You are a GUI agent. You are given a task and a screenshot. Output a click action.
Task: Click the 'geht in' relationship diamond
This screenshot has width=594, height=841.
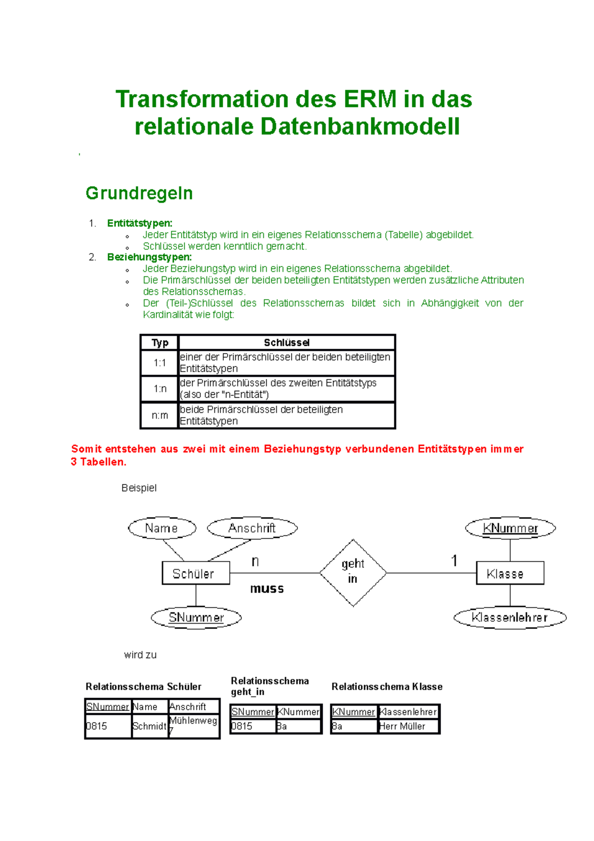coord(352,572)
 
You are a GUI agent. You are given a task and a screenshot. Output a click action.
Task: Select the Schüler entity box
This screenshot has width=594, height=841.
coord(196,573)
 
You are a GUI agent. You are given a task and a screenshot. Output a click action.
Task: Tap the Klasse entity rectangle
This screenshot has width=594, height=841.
coord(509,573)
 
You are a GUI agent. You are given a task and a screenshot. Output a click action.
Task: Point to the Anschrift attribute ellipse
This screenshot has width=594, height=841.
coord(252,528)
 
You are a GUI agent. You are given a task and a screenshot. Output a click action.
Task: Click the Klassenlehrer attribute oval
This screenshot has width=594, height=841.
coord(509,617)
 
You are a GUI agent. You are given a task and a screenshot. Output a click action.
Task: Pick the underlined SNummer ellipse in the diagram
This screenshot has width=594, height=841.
coord(196,617)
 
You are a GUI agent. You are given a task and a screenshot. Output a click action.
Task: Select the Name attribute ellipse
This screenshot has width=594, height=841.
coord(162,528)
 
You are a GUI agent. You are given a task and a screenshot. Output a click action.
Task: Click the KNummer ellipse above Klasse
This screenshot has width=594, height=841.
coord(510,528)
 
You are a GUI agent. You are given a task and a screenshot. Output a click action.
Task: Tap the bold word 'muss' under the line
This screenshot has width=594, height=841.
coord(267,588)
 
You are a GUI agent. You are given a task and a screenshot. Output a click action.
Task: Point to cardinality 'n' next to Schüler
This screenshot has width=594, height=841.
coord(255,561)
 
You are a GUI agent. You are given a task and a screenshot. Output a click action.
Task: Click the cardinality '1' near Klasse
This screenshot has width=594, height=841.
coord(454,561)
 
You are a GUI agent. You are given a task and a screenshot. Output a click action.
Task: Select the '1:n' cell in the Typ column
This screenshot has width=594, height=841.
coord(159,389)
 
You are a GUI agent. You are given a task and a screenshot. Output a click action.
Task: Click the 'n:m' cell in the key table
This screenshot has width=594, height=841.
coord(159,415)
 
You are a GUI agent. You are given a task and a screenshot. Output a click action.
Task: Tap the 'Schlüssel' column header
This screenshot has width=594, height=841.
coord(286,342)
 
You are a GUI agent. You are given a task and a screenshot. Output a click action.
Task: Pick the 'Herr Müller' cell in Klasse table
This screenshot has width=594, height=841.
coord(407,726)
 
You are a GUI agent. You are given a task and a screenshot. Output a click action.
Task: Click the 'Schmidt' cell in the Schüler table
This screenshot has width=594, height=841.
coord(149,726)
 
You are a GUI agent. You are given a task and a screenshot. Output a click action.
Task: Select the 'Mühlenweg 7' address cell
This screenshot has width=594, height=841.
coord(193,725)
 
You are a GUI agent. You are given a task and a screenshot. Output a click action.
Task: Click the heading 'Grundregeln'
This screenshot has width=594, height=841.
coord(139,193)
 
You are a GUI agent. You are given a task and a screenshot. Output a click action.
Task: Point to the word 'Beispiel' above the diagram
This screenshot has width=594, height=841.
coord(139,488)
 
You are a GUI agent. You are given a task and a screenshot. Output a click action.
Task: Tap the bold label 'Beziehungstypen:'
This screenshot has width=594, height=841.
coord(149,257)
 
